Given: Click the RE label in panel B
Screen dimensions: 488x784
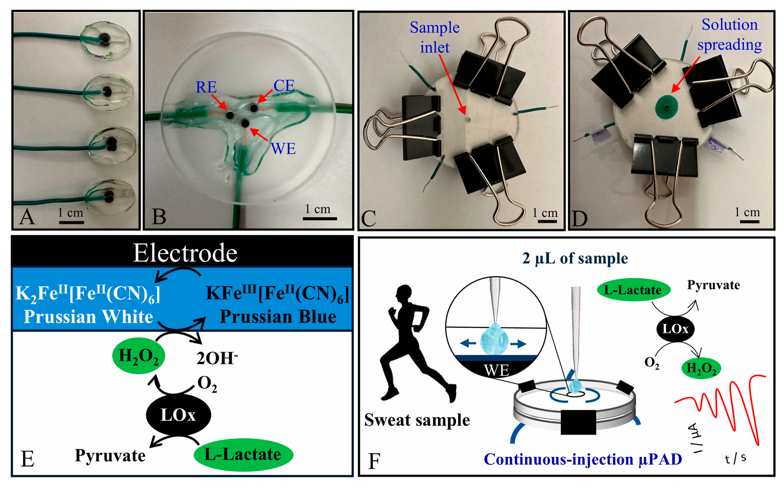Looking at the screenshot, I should click(206, 87).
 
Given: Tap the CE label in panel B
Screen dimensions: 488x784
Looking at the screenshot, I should click(284, 86).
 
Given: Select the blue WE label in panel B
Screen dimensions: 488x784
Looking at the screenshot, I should click(283, 148).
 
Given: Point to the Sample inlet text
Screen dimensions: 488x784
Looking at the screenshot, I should click(435, 37).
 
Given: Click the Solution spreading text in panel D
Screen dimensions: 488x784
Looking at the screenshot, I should click(729, 35).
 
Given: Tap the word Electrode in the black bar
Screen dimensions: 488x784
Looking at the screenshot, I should click(185, 253).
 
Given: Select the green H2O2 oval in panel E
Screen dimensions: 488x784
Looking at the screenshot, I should click(138, 356).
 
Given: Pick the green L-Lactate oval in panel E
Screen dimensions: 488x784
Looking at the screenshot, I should click(243, 455).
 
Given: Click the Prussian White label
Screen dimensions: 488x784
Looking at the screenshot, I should click(88, 316).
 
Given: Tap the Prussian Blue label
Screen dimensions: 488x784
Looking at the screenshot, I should click(278, 316).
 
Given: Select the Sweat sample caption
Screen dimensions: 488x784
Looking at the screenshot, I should click(417, 420).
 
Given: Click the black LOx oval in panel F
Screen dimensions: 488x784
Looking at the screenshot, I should click(675, 329).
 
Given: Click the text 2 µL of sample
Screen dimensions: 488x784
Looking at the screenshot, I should click(575, 258).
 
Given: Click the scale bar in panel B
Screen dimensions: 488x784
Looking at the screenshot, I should click(320, 219).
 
